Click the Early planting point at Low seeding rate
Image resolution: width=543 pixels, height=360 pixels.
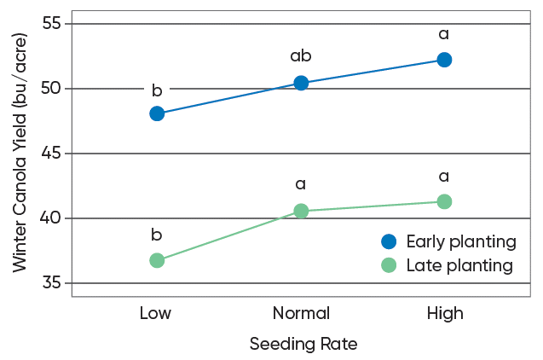point(157,113)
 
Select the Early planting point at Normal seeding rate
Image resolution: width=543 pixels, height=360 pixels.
point(301,83)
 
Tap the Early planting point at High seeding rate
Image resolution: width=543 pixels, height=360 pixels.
point(444,60)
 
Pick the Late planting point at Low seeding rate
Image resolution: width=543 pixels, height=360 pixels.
point(157,260)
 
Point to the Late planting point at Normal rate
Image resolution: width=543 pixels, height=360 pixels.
point(301,211)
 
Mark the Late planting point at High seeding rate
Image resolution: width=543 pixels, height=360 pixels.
point(444,201)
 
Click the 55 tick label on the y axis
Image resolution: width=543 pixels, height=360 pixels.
point(52,24)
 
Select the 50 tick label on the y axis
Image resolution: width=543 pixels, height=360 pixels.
point(52,89)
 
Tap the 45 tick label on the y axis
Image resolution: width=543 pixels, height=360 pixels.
point(52,154)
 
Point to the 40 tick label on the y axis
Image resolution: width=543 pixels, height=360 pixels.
point(52,218)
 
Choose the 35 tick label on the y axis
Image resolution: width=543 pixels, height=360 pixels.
point(52,283)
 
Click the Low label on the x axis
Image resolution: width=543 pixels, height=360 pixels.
point(155,314)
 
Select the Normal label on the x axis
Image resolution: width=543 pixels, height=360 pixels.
point(301,314)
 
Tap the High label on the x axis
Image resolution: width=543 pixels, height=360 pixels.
point(445,314)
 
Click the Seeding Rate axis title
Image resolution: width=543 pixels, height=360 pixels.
point(303,345)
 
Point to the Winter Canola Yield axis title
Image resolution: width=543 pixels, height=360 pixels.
point(20,154)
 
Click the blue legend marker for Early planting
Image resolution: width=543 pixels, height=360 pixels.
point(389,241)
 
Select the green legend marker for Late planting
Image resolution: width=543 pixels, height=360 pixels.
point(389,265)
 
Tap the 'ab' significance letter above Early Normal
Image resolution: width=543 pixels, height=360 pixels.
point(301,56)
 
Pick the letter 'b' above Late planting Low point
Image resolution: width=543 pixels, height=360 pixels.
point(157,235)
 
